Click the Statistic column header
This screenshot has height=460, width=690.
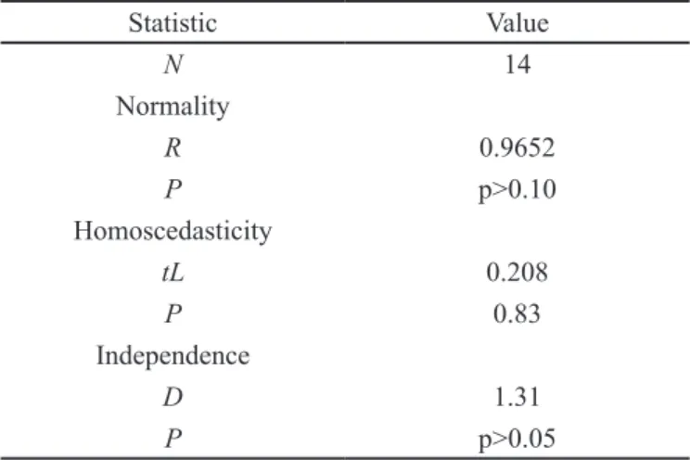(x=172, y=23)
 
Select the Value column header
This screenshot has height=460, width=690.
(x=517, y=23)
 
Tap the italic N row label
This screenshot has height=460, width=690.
(x=172, y=64)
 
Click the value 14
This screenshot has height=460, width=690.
(x=517, y=64)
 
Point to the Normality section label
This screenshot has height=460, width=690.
(x=172, y=107)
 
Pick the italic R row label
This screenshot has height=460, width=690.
(x=172, y=147)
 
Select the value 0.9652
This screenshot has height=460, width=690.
(x=517, y=147)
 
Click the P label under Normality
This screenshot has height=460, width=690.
(x=172, y=189)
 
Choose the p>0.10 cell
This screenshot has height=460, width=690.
(x=517, y=190)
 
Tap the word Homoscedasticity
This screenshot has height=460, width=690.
(x=172, y=232)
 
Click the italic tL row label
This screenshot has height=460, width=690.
(x=172, y=272)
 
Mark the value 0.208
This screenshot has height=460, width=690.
(x=517, y=272)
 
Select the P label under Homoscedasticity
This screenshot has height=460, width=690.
(x=172, y=313)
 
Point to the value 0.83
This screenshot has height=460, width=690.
(x=517, y=313)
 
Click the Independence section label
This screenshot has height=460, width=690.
(x=172, y=356)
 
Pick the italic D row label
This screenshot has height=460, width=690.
(x=172, y=397)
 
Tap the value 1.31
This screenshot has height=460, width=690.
(x=517, y=397)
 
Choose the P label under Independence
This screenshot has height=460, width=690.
(x=172, y=438)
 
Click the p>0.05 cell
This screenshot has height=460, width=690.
(x=517, y=440)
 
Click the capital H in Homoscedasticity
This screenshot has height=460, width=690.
(x=83, y=231)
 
